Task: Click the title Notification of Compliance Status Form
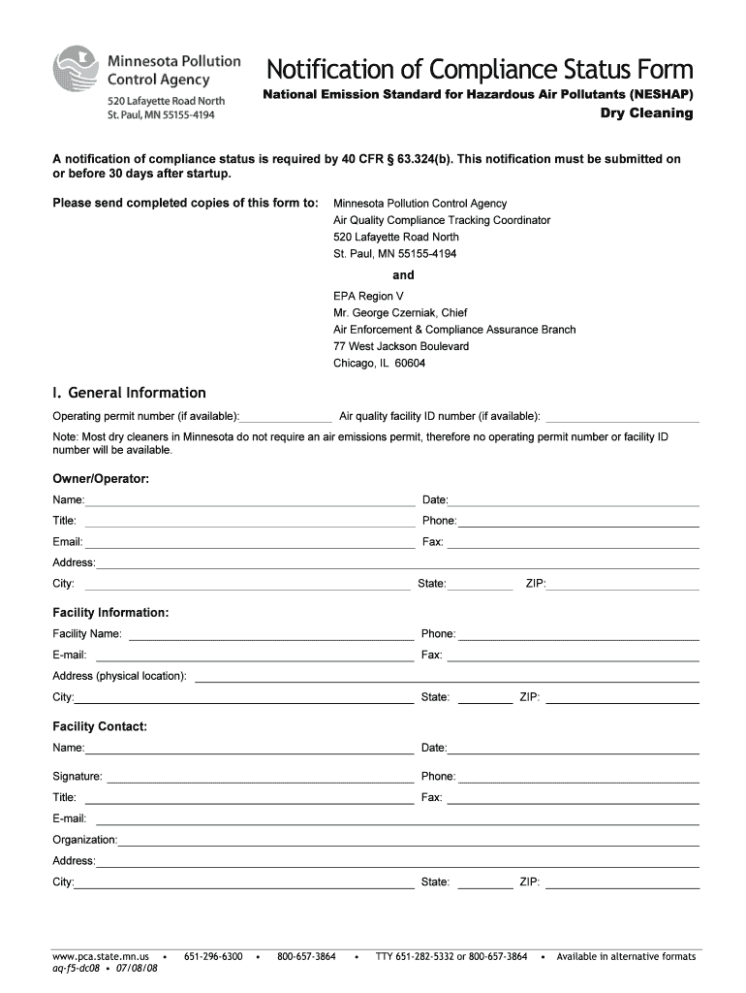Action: pos(480,70)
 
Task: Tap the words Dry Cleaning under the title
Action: pos(647,113)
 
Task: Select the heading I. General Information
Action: pos(129,393)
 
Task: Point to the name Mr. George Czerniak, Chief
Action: pos(400,313)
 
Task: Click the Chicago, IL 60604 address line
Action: pos(379,364)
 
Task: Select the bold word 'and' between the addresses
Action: pos(403,275)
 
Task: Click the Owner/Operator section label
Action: pos(101,479)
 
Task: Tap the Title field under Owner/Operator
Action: pos(249,522)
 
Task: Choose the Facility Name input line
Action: pos(271,634)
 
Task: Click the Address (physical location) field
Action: pos(447,676)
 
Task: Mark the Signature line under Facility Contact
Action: pos(260,777)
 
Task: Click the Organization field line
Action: pos(408,840)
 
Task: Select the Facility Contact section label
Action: pos(100,726)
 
